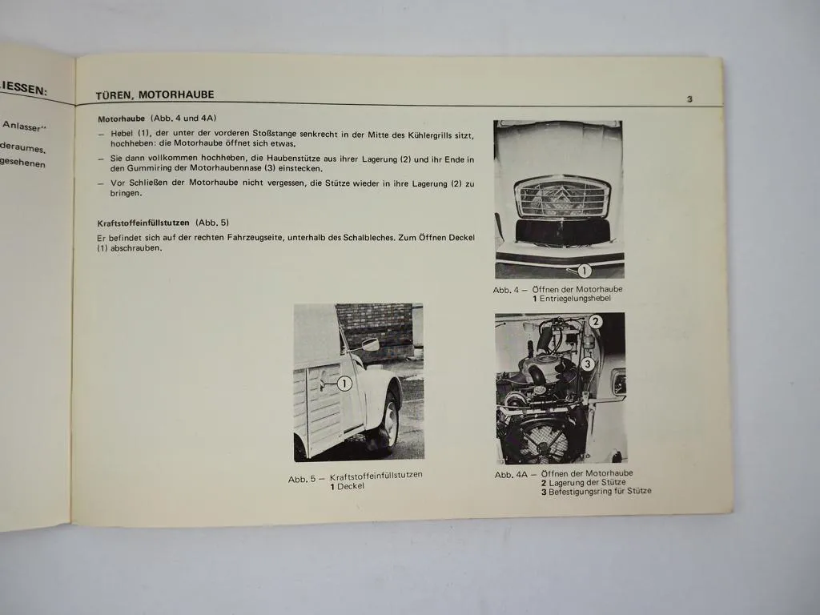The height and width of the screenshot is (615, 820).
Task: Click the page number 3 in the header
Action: pos(689,99)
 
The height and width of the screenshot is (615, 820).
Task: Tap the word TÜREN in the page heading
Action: pos(114,94)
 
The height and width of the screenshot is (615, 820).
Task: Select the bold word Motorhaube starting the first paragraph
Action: pos(122,118)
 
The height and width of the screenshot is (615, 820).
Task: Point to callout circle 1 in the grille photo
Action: pos(584,271)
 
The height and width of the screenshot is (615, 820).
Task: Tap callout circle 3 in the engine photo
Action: pos(587,364)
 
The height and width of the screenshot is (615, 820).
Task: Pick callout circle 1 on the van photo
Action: pos(344,384)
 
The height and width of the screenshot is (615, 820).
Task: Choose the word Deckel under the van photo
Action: pos(350,487)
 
